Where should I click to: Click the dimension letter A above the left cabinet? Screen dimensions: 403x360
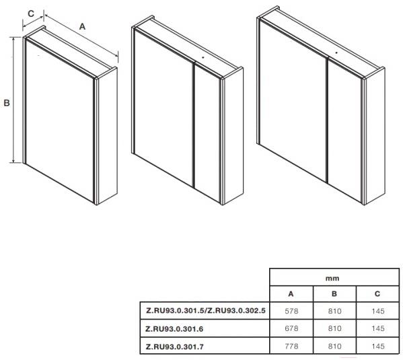point(82,26)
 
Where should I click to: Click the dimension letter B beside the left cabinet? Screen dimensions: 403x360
point(7,103)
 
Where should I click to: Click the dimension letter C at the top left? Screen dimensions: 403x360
point(31,13)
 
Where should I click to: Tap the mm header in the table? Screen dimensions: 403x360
point(332,278)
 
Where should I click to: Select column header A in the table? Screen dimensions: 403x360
point(291,293)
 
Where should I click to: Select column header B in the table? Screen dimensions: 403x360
point(334,293)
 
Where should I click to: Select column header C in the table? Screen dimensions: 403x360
point(377,293)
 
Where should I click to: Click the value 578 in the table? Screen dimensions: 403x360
point(291,311)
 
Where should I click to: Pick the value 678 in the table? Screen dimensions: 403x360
point(291,328)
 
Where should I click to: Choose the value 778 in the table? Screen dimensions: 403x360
point(291,346)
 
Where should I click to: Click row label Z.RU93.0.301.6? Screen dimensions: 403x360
point(174,329)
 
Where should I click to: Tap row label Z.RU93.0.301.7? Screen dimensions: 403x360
point(174,347)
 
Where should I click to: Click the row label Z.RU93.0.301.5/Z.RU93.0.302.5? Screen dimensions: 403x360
point(206,310)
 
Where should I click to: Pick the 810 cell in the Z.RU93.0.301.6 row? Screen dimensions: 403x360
point(334,328)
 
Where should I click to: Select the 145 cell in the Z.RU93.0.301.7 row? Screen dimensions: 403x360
point(378,346)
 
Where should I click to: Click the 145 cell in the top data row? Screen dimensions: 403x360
point(378,311)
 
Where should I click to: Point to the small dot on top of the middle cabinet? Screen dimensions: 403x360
point(203,58)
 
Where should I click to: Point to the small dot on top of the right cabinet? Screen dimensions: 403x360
point(336,52)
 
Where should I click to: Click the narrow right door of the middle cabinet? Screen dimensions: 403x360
point(207,133)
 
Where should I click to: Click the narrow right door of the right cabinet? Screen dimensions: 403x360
point(345,131)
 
